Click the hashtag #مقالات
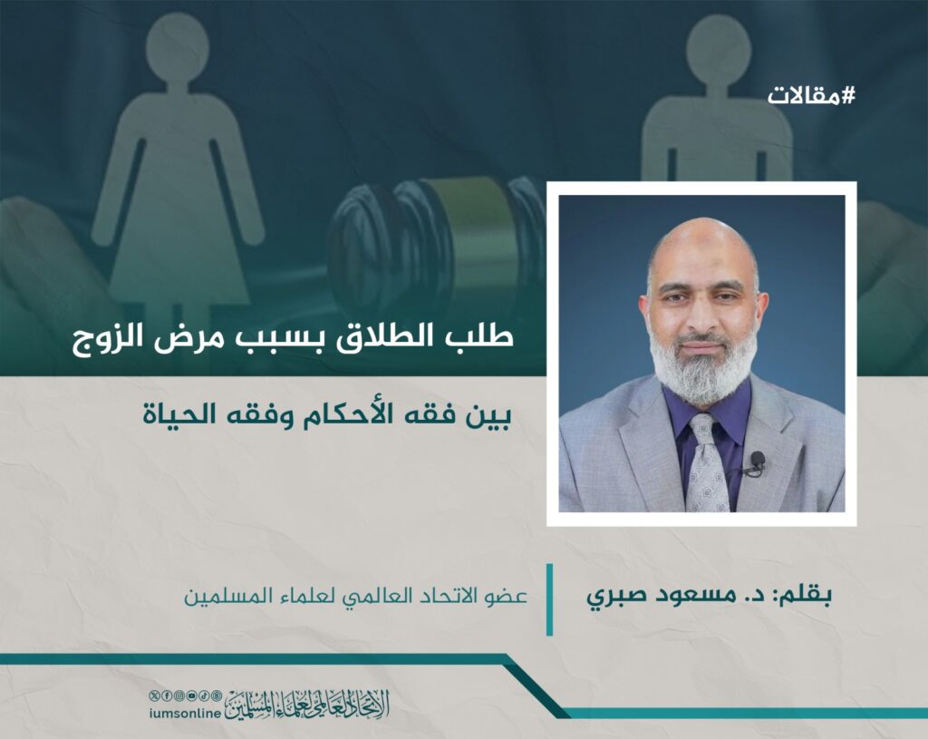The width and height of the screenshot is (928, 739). [x=811, y=94]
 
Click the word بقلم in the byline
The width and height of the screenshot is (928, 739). [x=807, y=594]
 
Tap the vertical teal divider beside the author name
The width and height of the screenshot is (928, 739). [x=549, y=599]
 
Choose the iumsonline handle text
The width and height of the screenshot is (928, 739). [x=185, y=714]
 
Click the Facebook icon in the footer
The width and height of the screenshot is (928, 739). [x=167, y=695]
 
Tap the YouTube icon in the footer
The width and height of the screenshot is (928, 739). [x=191, y=695]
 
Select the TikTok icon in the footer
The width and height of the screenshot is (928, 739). [x=204, y=695]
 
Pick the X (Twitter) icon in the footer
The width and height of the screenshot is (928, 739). [x=154, y=695]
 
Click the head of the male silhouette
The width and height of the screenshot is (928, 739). [x=718, y=48]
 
